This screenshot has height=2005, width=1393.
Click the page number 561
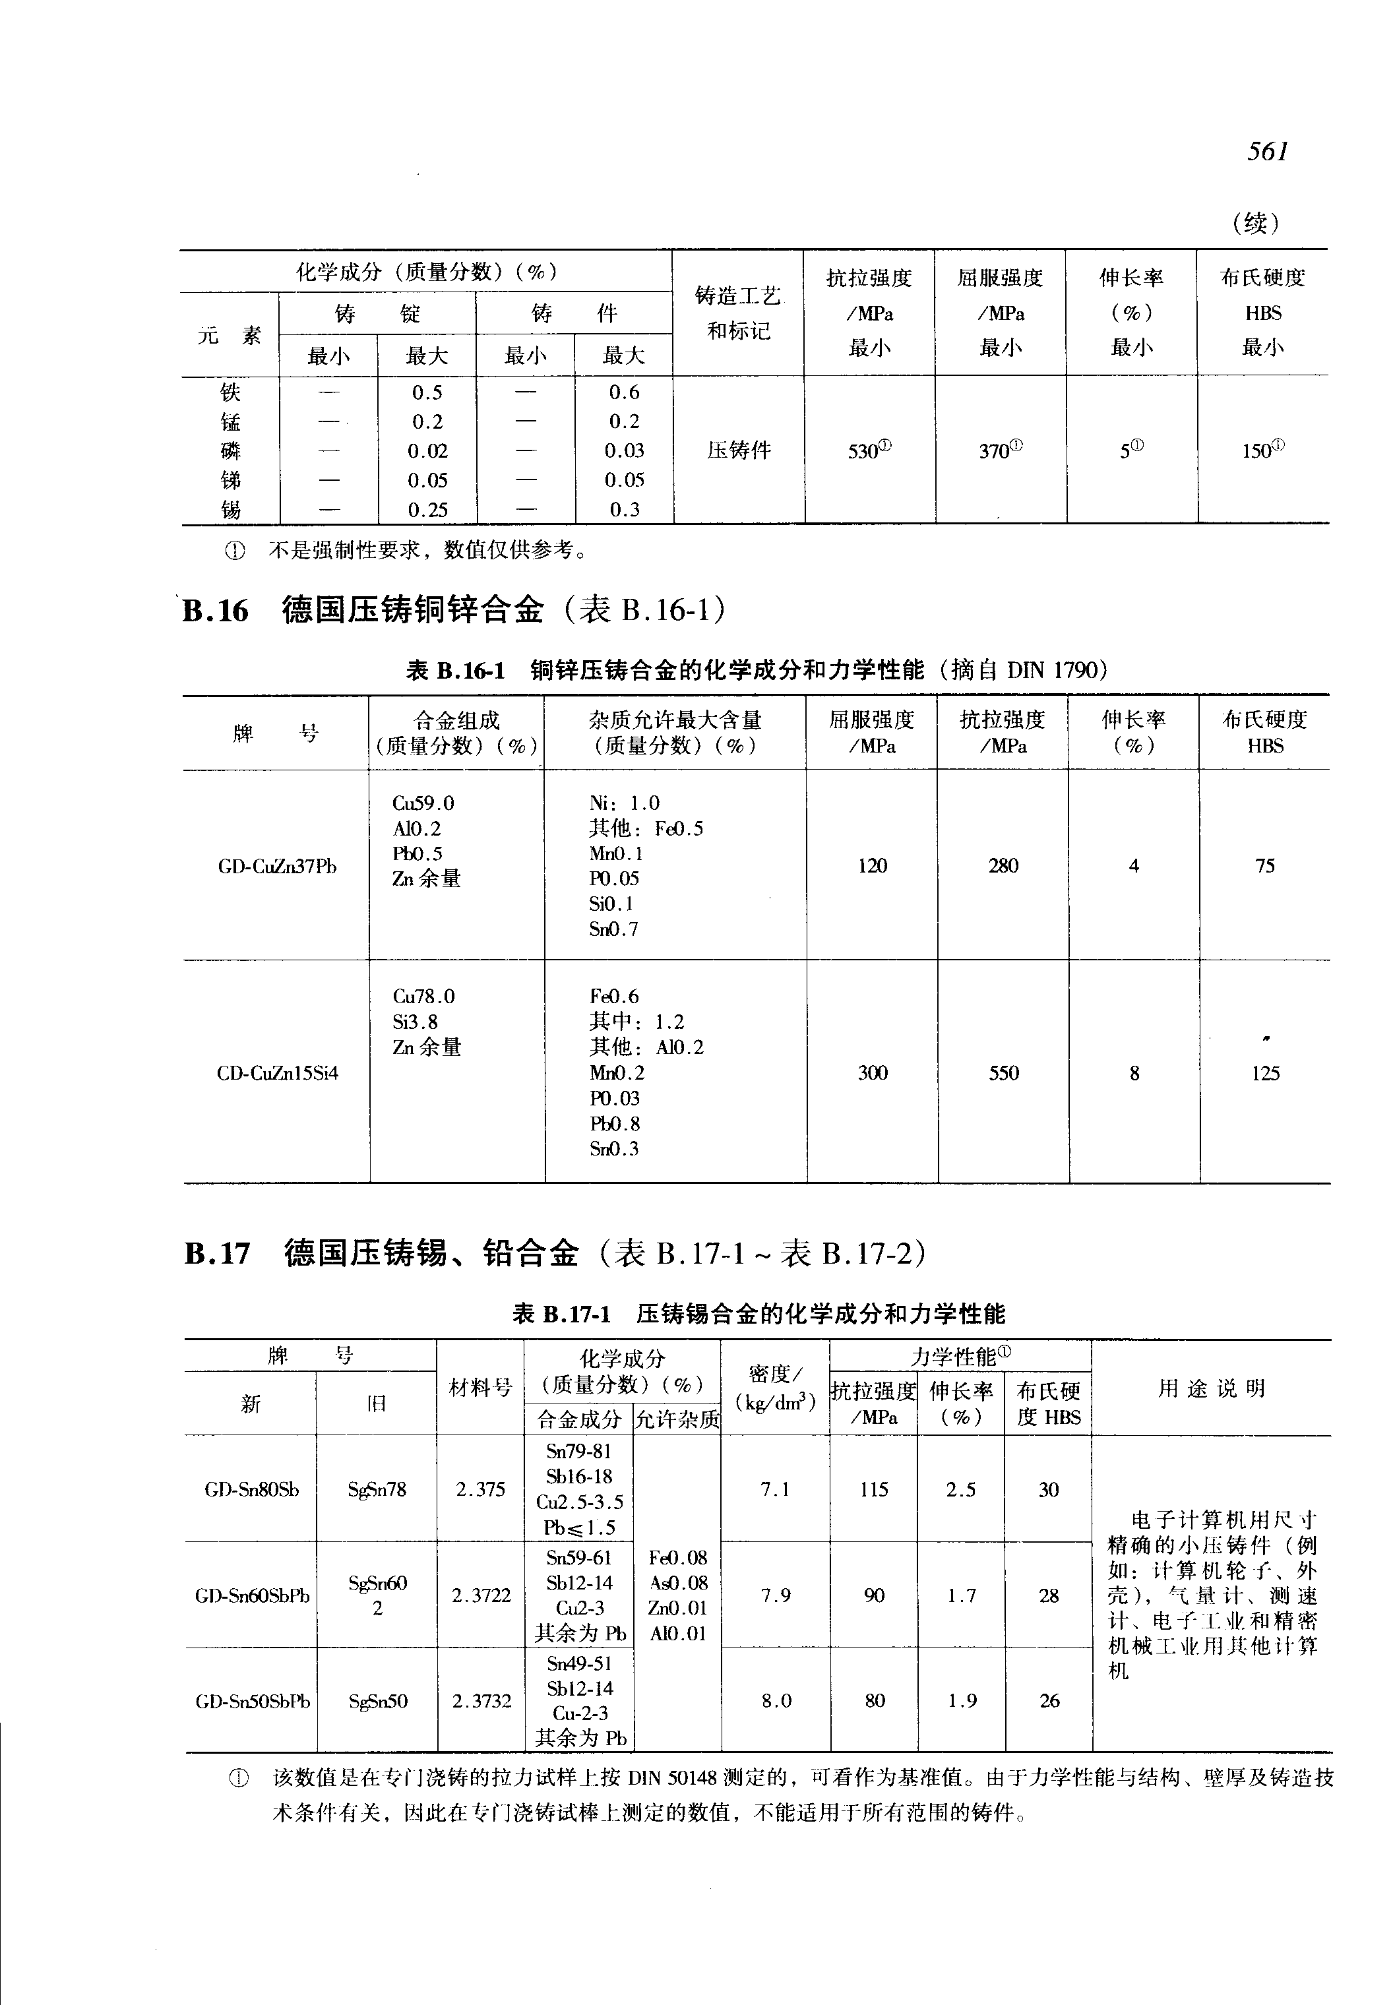pyautogui.click(x=1267, y=152)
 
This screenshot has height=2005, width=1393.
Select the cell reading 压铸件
pyautogui.click(x=739, y=450)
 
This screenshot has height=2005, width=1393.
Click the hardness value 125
pyautogui.click(x=1264, y=1073)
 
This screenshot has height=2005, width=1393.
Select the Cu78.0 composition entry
pyautogui.click(x=423, y=996)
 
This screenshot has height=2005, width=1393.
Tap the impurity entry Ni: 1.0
pyautogui.click(x=624, y=803)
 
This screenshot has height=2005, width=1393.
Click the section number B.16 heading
pyautogui.click(x=216, y=610)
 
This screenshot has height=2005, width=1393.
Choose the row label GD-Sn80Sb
pyautogui.click(x=251, y=1489)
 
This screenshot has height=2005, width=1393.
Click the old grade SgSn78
pyautogui.click(x=377, y=1489)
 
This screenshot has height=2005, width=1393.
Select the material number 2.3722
pyautogui.click(x=481, y=1595)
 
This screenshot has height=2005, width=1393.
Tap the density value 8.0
pyautogui.click(x=776, y=1700)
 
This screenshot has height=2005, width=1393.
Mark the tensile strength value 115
pyautogui.click(x=874, y=1489)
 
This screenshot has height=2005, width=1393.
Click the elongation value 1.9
pyautogui.click(x=962, y=1700)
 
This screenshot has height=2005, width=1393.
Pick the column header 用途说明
pyautogui.click(x=1212, y=1389)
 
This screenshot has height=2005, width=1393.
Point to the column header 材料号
pyautogui.click(x=480, y=1387)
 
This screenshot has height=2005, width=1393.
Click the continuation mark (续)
pyautogui.click(x=1256, y=224)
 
